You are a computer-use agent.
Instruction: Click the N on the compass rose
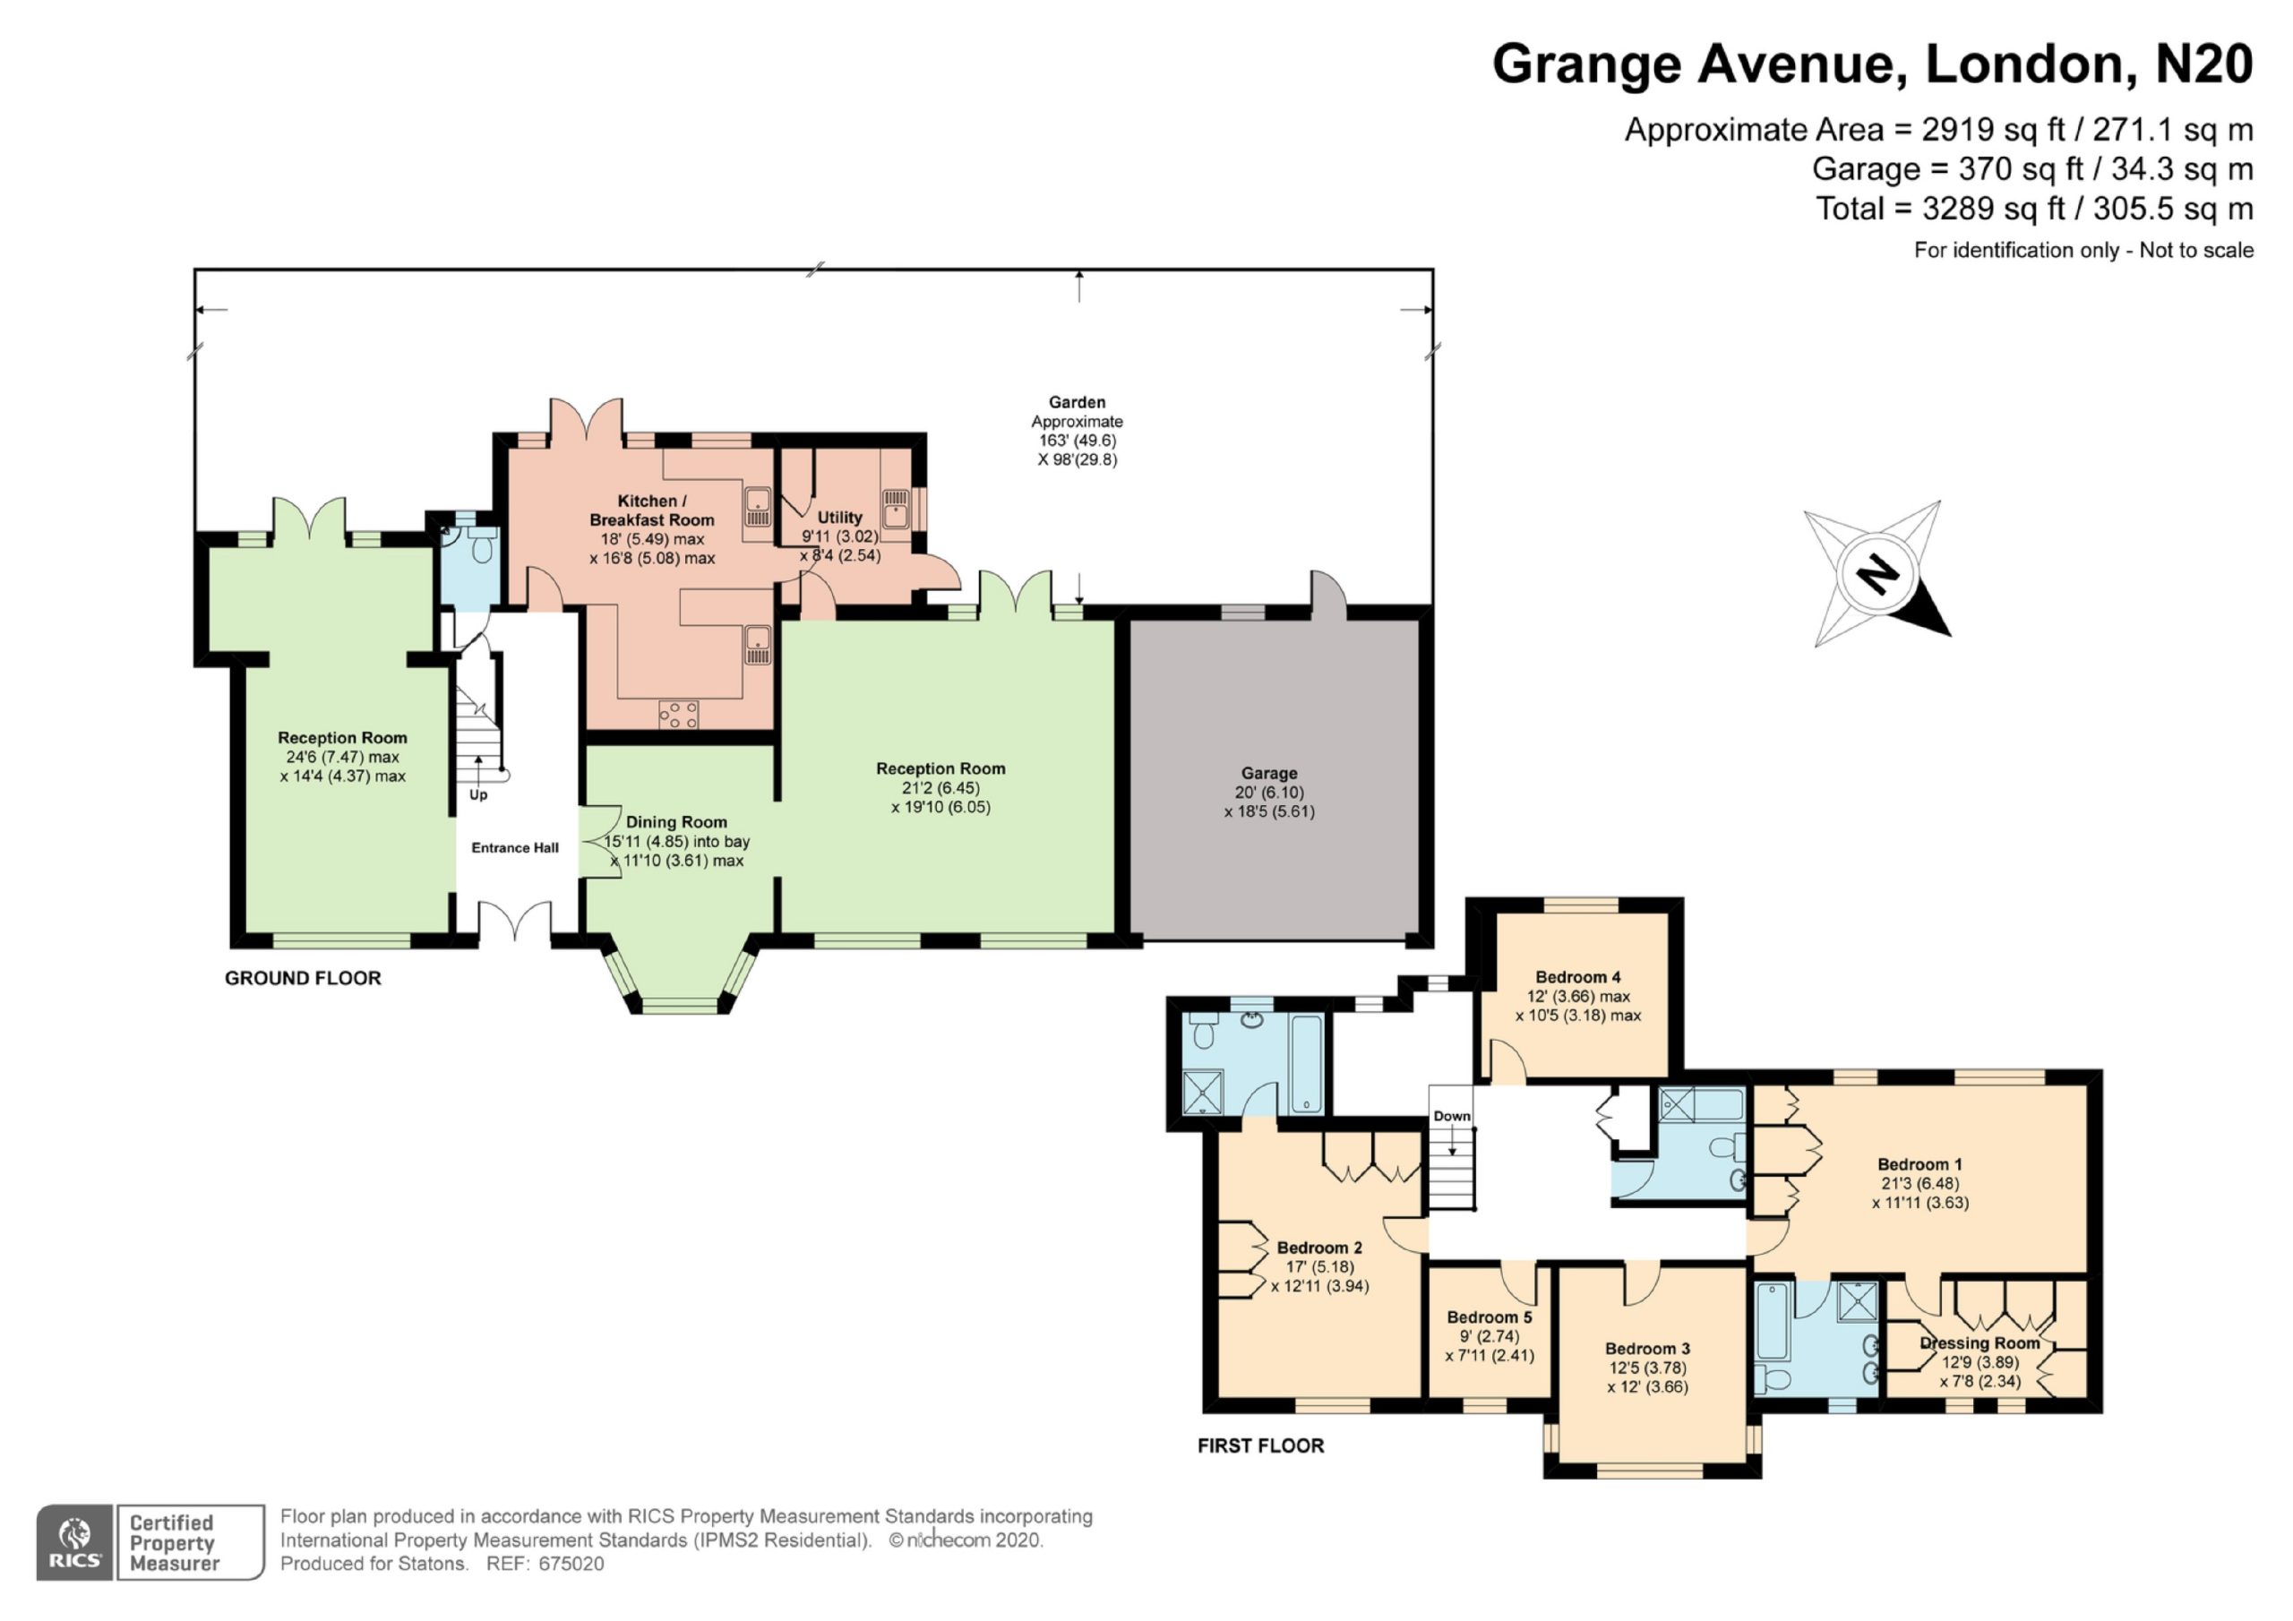[1877, 574]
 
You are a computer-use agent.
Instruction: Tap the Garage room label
[1269, 773]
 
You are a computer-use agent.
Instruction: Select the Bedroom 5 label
[1489, 1317]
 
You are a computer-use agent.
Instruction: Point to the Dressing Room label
[1980, 1343]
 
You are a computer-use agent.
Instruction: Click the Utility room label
[840, 518]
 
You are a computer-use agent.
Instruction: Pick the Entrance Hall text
[515, 848]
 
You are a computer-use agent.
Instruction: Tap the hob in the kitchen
[678, 714]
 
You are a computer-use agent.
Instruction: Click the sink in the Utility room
[895, 509]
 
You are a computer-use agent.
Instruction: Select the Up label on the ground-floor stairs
[478, 795]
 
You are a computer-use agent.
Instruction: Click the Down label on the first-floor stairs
[1452, 1116]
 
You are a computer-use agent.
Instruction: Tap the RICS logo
[75, 1542]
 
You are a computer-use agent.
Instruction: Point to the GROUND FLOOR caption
[303, 978]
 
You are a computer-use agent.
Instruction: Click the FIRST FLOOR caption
[1261, 1445]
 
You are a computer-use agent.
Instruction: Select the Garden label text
[1077, 402]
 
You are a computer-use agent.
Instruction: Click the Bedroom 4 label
[1578, 977]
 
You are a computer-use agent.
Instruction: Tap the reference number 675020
[571, 1564]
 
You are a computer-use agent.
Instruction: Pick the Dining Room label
[676, 822]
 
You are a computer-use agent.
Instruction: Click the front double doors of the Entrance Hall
[514, 921]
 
